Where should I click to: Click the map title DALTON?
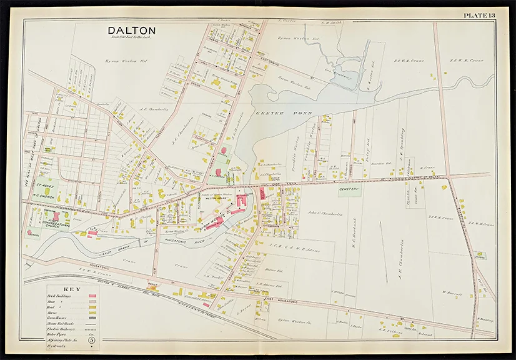click(132, 30)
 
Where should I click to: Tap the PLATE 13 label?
click(478, 16)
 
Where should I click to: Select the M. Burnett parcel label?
click(450, 291)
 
